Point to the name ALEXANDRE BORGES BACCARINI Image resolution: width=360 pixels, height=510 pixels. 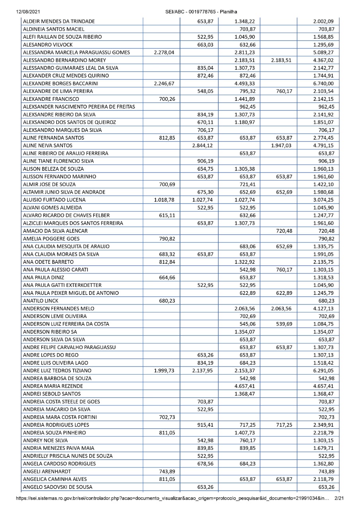(x=61, y=83)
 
